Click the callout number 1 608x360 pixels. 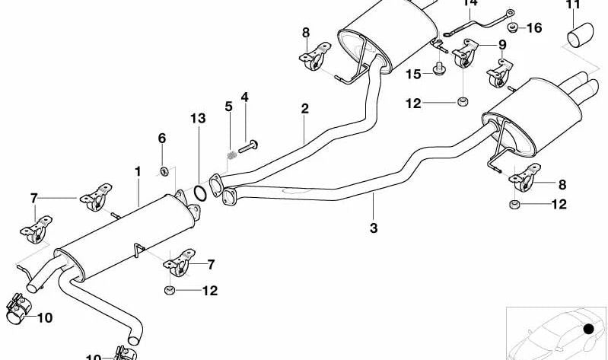pyautogui.click(x=138, y=172)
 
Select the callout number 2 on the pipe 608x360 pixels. pyautogui.click(x=304, y=109)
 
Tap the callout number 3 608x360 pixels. pyautogui.click(x=374, y=227)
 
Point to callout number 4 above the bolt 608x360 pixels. pyautogui.click(x=245, y=97)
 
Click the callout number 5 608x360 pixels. pyautogui.click(x=228, y=106)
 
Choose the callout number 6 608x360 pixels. pyautogui.click(x=161, y=138)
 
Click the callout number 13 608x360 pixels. pyautogui.click(x=198, y=118)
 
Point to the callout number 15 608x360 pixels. pyautogui.click(x=412, y=74)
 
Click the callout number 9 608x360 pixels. pyautogui.click(x=502, y=45)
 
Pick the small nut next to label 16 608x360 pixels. pyautogui.click(x=513, y=28)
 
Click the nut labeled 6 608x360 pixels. pyautogui.click(x=164, y=168)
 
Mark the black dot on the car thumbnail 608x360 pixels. pyautogui.click(x=588, y=330)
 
